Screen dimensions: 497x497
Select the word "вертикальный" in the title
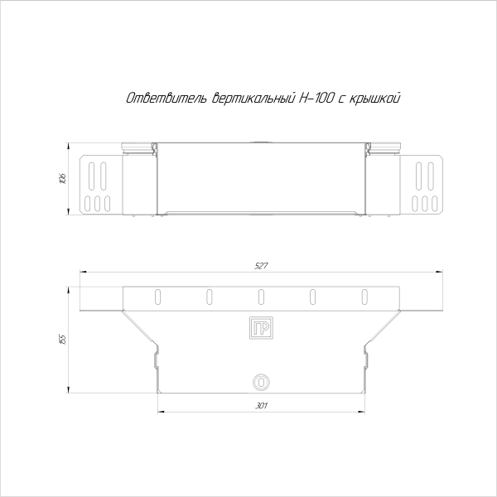(x=248, y=99)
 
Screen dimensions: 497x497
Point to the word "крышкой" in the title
(x=378, y=99)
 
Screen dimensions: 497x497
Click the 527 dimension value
(x=260, y=266)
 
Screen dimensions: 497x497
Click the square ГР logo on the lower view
(x=260, y=327)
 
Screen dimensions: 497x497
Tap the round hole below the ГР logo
(x=260, y=382)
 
